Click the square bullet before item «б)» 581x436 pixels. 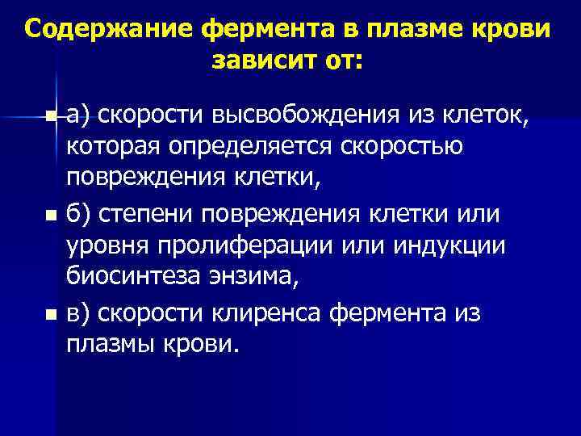coord(52,216)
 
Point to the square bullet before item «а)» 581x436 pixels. coord(52,119)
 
